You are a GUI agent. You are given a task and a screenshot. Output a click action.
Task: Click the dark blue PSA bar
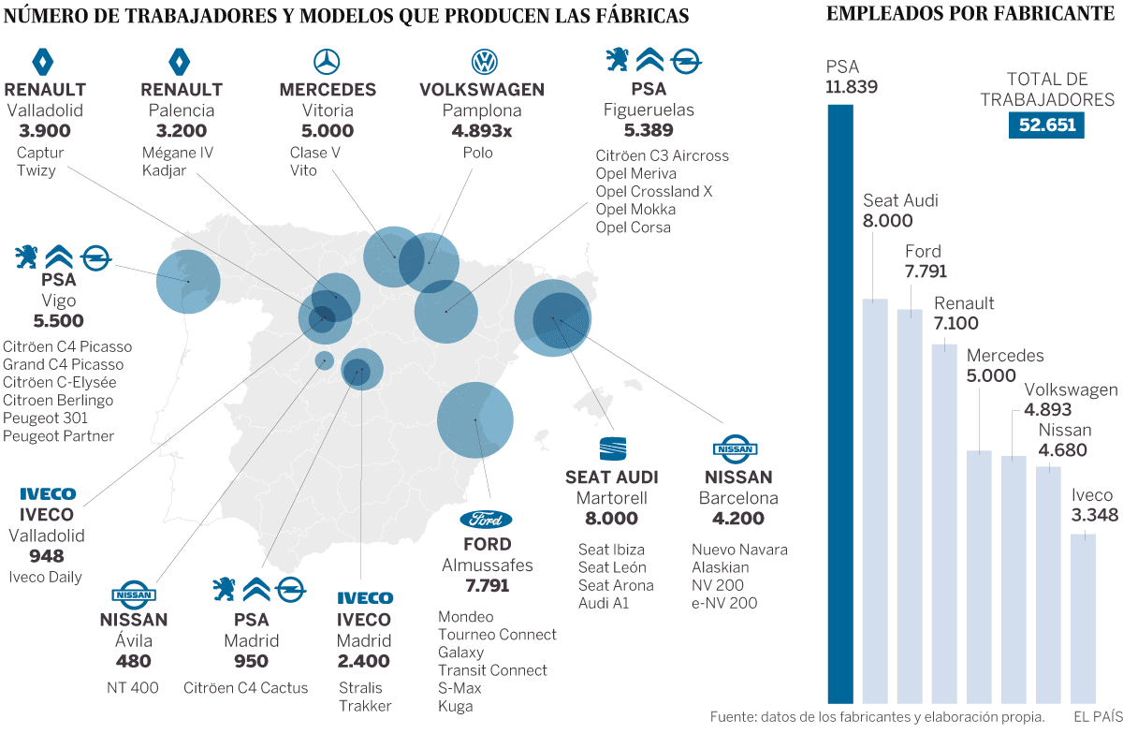tap(840, 403)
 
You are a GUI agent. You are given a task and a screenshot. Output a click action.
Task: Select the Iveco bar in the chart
tap(1083, 618)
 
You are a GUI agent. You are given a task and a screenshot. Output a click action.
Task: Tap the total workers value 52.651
tap(1046, 125)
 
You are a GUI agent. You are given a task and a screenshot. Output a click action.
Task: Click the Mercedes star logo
tap(327, 63)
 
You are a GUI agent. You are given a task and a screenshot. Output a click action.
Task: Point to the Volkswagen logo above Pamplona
tap(483, 63)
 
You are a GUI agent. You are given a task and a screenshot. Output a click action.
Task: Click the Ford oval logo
tap(487, 519)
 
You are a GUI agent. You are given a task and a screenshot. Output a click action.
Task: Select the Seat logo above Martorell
tap(613, 448)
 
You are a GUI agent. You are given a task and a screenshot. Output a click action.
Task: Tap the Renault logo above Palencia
tap(181, 63)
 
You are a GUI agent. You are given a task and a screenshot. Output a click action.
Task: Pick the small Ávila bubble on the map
tap(325, 360)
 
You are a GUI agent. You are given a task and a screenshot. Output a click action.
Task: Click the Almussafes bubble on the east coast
tap(475, 420)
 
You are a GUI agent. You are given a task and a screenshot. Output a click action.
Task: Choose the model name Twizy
tap(36, 170)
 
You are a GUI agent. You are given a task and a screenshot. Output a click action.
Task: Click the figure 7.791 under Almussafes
tap(487, 586)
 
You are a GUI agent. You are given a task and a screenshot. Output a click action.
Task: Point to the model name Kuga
tap(455, 706)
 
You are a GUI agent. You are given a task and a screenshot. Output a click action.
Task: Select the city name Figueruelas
tap(649, 110)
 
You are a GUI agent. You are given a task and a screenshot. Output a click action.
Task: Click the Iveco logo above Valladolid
tap(47, 493)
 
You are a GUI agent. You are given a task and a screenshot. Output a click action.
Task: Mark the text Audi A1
tap(604, 603)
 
